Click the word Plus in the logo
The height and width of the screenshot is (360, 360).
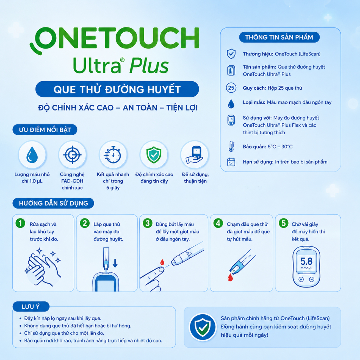149,66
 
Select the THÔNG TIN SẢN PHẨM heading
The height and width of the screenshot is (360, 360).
279,37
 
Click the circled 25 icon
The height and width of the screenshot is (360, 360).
231,88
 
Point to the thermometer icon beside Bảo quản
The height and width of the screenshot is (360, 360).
231,147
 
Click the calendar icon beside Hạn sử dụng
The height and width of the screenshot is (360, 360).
231,162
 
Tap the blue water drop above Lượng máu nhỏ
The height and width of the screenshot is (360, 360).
32,155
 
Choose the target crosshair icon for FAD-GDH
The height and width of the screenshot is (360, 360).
72,155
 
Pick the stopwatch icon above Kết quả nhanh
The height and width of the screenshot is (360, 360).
112,155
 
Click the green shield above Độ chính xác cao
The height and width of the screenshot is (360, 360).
154,155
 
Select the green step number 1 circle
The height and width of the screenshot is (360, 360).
20,223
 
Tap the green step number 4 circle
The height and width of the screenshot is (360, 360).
218,223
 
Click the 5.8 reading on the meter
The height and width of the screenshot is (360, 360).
307,261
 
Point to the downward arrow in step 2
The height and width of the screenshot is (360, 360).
115,263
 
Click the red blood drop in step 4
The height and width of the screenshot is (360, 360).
230,278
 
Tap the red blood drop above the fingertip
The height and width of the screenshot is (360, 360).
162,262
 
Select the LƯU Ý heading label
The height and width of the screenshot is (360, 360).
31,307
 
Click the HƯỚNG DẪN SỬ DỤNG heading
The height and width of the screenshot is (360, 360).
53,203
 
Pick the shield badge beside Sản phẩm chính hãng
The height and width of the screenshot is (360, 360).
202,327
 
